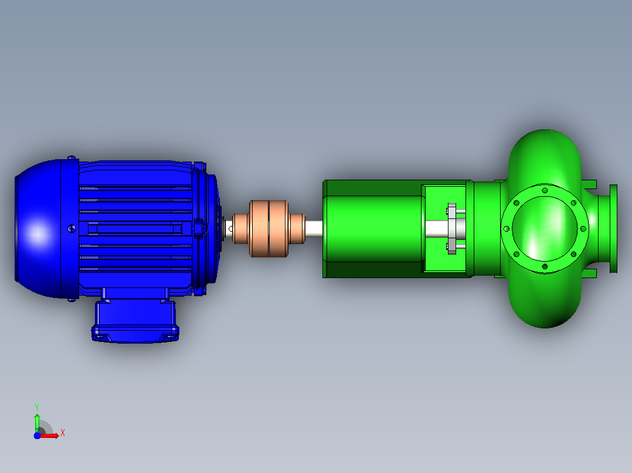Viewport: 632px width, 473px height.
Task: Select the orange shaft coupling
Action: point(269,229)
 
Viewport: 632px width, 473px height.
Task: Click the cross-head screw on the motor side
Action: point(72,229)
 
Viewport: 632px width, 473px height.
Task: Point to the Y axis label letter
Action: point(37,407)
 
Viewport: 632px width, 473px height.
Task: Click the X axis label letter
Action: point(63,433)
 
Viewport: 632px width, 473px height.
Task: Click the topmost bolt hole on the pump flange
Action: point(545,190)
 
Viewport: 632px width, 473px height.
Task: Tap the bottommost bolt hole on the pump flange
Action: point(545,266)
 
